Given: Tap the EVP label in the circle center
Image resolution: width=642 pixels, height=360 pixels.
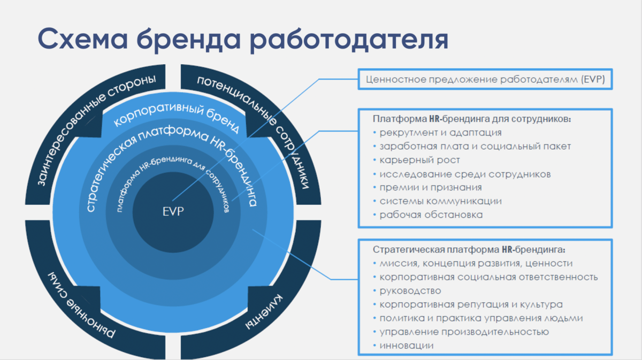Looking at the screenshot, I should point(173,211).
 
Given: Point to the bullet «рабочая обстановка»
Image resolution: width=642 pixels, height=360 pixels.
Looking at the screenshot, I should point(431,215).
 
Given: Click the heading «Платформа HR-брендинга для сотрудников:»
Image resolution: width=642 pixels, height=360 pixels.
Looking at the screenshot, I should point(472,118).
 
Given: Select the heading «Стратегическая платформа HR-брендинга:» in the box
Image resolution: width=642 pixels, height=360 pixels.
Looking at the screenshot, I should point(469,249).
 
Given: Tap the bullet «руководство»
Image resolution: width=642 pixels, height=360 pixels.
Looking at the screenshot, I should point(410,291).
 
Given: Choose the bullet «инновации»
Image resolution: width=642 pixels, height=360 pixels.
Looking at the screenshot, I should point(407,346).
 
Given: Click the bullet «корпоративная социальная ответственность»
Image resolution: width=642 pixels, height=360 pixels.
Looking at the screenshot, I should point(488,277).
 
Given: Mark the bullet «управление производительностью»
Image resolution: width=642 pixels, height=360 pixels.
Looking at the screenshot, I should point(464,332).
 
